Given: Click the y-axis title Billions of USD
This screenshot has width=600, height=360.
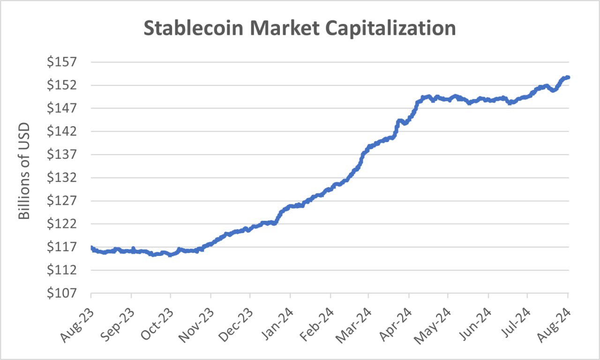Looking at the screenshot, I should pyautogui.click(x=24, y=171).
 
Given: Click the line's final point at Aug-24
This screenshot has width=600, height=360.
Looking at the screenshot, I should pyautogui.click(x=568, y=77).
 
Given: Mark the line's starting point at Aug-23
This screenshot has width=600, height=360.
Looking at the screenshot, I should pyautogui.click(x=91, y=247).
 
